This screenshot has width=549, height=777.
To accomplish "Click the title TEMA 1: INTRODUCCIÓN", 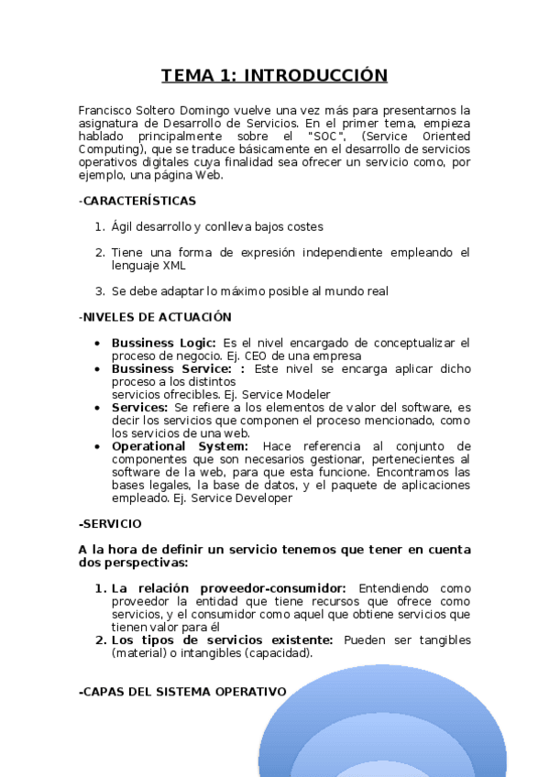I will [x=274, y=75].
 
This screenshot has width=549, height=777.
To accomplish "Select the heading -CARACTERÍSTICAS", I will [x=137, y=201].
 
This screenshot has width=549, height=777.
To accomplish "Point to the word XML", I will [x=173, y=266].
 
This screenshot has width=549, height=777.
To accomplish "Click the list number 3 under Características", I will [x=99, y=291].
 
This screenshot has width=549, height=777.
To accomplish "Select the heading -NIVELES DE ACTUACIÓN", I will [x=154, y=317].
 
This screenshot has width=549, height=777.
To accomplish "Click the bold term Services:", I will [x=139, y=407].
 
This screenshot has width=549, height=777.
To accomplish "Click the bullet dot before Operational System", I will [x=98, y=446].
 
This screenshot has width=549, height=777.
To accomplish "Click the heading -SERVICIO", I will [x=110, y=524].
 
